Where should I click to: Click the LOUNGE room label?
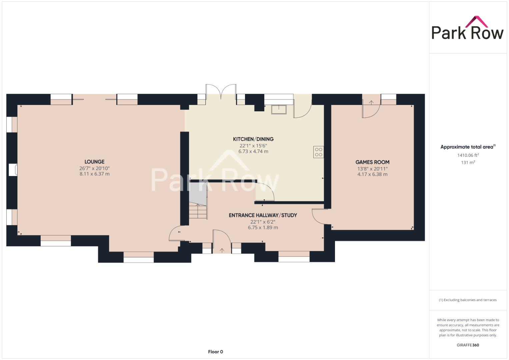click(94, 162)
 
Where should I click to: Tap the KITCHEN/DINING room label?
click(253, 139)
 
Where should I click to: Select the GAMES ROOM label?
click(372, 162)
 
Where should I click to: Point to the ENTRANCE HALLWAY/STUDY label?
click(263, 215)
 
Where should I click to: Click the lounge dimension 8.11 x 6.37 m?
click(94, 174)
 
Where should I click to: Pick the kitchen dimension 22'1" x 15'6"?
click(253, 146)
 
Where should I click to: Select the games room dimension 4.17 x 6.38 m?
click(372, 174)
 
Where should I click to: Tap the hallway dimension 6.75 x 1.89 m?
click(263, 228)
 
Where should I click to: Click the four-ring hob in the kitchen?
click(318, 152)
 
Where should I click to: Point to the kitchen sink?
click(279, 109)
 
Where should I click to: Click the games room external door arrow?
click(371, 102)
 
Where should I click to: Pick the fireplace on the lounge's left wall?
click(13, 170)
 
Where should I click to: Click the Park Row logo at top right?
click(467, 29)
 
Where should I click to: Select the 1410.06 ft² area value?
click(468, 155)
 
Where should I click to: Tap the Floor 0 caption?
click(215, 352)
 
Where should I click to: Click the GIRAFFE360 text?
click(468, 345)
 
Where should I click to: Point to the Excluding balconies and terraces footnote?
click(468, 300)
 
